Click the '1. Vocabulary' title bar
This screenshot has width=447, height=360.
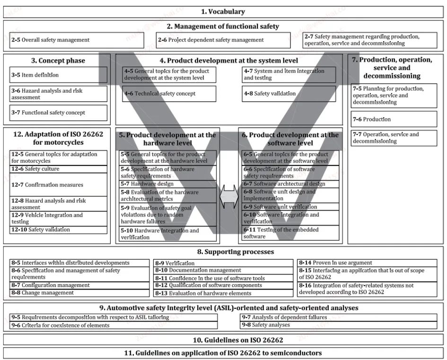coord(223,12)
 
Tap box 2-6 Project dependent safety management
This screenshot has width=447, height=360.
coord(223,40)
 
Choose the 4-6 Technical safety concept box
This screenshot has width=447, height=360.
coord(169,94)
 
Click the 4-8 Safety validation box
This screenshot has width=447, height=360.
coord(288,94)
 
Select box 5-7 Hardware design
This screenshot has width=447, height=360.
coord(168,184)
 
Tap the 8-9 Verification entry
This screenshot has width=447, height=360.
coord(223,263)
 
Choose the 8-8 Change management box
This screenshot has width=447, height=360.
coord(80,293)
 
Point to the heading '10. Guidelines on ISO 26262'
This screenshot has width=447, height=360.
coord(223,340)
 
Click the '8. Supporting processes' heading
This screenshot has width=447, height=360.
coord(223,252)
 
